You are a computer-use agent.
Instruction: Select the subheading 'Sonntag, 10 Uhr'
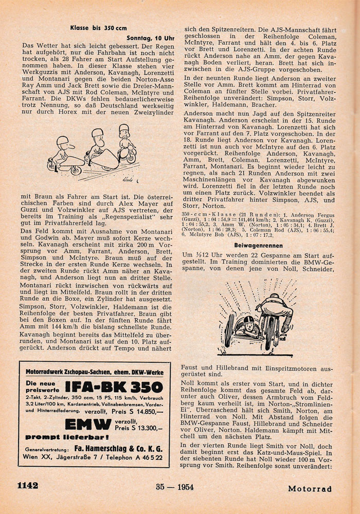pos(153,38)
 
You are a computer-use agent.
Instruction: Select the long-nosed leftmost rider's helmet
pos(63,141)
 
